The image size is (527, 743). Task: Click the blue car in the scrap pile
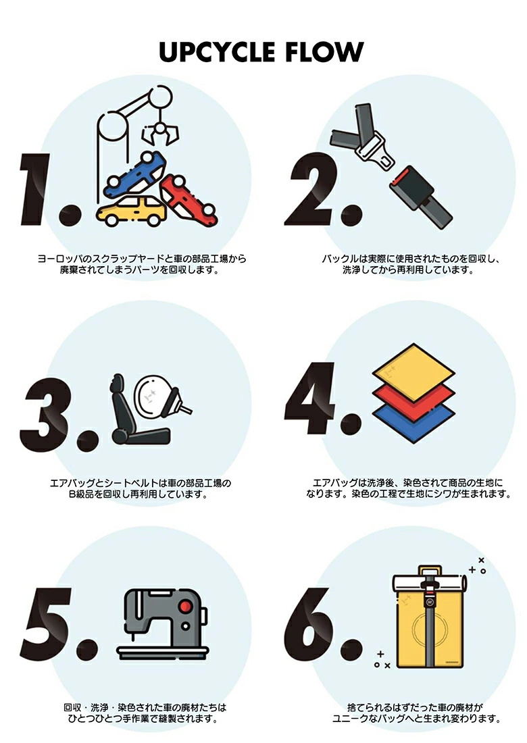tap(136, 174)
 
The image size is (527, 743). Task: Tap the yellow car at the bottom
tap(130, 211)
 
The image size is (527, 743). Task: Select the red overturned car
tap(189, 199)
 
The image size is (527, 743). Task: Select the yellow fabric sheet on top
tap(413, 373)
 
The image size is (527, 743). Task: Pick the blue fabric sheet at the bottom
tap(413, 422)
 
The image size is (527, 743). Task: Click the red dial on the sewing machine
tap(185, 605)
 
